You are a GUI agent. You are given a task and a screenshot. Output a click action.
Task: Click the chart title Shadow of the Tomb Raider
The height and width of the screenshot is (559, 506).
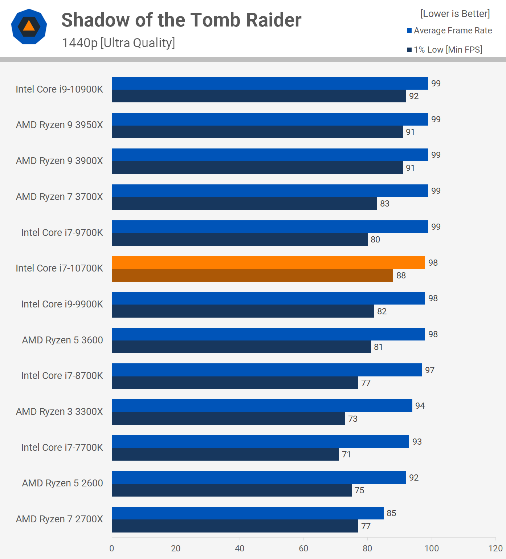(181, 20)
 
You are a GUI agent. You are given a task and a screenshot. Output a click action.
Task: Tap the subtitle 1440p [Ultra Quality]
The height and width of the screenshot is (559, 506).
(118, 43)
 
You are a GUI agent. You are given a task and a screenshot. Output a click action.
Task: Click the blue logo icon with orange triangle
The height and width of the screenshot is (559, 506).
(29, 26)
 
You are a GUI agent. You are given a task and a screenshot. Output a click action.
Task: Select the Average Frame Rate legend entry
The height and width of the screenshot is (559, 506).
(449, 30)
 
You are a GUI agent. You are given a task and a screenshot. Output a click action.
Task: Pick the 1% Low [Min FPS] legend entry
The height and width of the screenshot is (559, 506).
(445, 50)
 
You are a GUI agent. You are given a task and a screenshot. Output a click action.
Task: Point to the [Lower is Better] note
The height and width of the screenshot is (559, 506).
(455, 14)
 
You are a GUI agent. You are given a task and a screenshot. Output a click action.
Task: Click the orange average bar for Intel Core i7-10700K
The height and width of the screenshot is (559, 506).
(268, 262)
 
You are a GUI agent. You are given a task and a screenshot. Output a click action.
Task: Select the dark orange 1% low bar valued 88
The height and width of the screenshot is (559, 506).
(252, 276)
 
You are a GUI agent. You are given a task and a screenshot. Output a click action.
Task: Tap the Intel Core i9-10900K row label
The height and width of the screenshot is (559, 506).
(59, 89)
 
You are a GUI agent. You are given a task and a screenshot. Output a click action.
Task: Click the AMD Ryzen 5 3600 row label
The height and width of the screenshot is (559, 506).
(62, 340)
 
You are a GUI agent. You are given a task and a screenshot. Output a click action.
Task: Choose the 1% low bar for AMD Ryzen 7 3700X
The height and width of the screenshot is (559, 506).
(244, 204)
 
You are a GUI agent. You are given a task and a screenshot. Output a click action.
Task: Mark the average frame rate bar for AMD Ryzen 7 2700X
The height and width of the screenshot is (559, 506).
(248, 513)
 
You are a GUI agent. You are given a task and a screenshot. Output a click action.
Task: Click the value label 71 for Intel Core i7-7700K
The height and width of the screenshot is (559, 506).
(346, 454)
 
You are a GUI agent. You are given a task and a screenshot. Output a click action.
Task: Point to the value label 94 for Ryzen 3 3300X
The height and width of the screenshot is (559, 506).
(420, 406)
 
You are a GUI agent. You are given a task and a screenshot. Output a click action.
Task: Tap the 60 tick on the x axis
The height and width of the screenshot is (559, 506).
(303, 548)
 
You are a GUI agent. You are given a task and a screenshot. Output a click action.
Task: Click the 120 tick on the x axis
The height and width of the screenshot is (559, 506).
(495, 548)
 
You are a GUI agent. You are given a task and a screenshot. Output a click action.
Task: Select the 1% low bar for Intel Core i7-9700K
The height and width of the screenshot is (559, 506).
(240, 240)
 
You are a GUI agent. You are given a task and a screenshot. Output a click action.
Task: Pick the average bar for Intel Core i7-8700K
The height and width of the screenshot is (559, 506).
(267, 370)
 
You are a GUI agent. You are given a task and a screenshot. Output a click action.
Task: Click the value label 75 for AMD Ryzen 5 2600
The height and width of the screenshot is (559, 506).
(359, 490)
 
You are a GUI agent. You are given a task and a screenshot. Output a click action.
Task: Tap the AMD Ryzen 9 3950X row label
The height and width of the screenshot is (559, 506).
(59, 125)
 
